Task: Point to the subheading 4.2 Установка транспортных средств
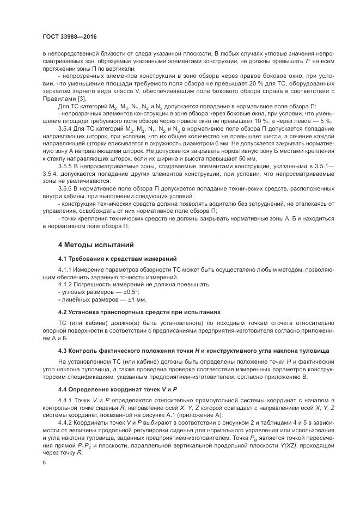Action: coord(139,312)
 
